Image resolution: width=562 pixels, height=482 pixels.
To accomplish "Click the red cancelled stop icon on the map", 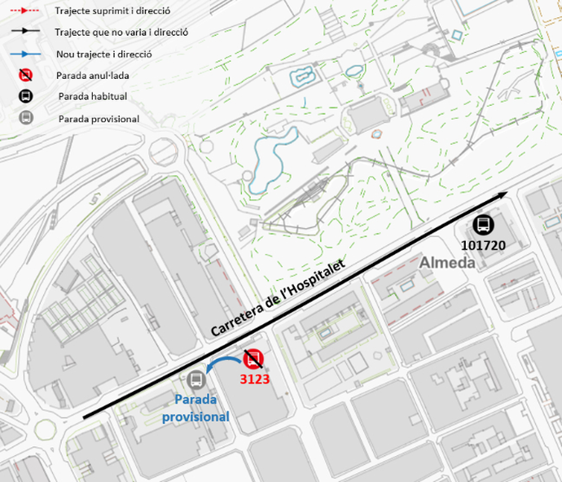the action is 253,358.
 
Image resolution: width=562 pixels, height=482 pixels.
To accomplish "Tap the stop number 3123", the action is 255,379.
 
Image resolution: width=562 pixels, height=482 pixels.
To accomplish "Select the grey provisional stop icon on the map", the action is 195,379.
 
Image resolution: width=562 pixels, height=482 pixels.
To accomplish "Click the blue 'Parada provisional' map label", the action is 195,409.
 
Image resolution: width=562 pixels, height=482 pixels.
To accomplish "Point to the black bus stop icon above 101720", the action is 483,225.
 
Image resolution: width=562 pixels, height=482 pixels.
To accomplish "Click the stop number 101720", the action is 483,244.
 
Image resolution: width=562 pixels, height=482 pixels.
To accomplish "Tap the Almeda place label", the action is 447,263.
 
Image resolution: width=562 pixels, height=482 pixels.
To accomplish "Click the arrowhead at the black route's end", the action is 503,195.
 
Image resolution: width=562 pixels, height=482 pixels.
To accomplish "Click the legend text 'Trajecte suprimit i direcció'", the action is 112,11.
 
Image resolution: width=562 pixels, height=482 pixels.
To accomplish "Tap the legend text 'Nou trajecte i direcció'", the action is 103,55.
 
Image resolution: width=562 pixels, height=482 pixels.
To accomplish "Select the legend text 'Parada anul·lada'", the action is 93,76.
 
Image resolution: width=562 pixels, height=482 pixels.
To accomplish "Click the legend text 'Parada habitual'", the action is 92,97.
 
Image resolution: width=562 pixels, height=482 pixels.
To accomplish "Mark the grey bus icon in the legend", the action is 26,118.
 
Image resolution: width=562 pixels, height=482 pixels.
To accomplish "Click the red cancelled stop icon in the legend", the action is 26,75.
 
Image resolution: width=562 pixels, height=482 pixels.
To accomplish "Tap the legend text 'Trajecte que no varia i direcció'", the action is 121,33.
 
